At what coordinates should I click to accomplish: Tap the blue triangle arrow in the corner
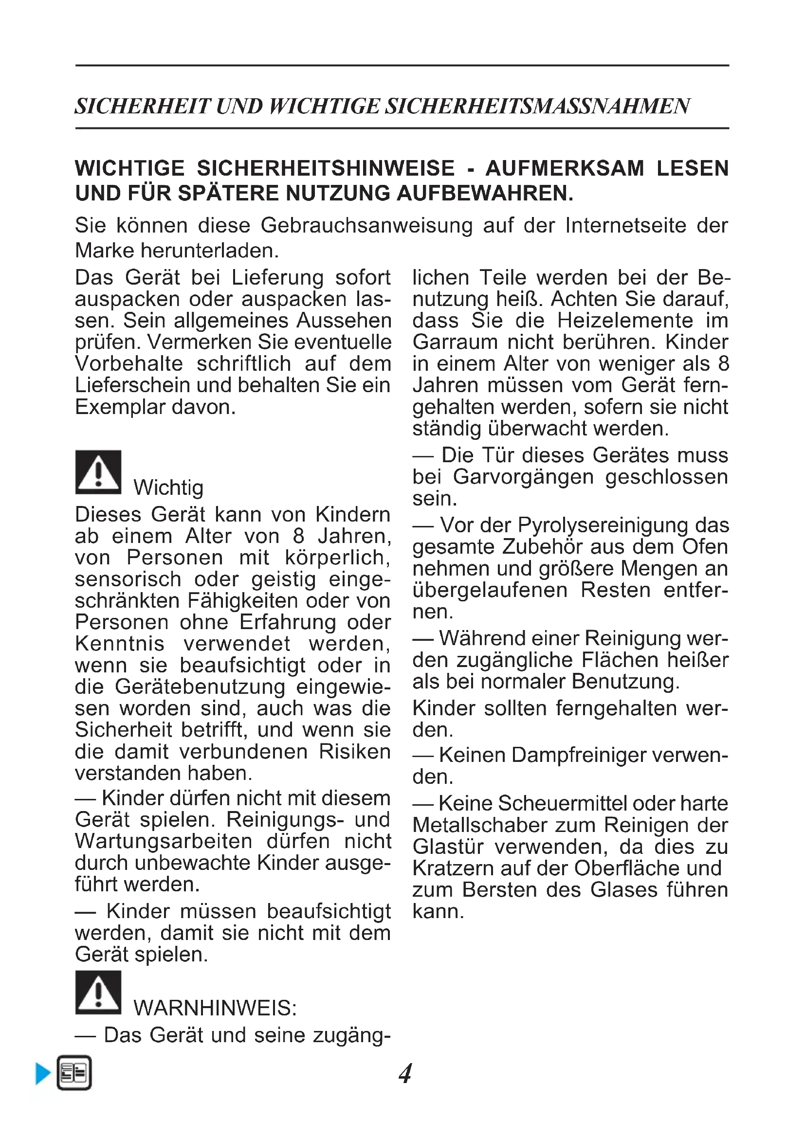click(43, 1074)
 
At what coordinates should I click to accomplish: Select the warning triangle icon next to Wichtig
click(98, 472)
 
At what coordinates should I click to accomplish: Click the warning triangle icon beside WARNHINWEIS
click(98, 992)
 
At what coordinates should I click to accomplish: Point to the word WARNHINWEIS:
click(215, 1008)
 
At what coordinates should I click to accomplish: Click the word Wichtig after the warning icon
click(168, 488)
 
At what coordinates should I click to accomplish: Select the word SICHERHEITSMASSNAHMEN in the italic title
click(537, 106)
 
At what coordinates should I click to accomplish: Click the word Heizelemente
click(625, 320)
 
